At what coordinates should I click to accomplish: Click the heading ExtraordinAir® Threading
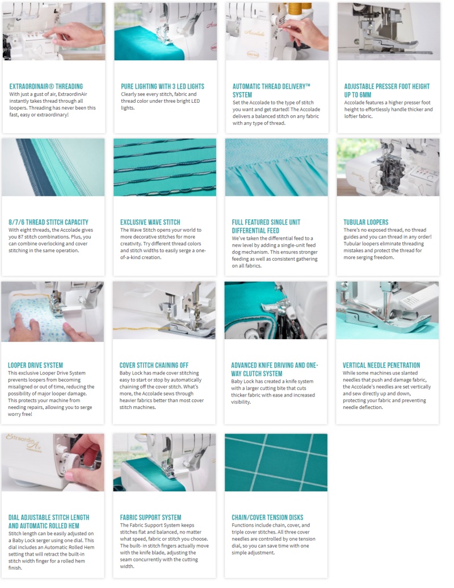pos(46,86)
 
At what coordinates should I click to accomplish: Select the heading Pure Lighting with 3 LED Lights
pos(162,86)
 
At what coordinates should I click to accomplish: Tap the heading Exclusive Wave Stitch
pos(150,222)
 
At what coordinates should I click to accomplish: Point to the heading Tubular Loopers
pos(366,222)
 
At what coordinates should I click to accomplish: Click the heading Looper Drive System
pos(35,365)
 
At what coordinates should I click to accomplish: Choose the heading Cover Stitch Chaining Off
pos(154,365)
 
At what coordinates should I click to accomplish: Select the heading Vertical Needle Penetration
pos(381,365)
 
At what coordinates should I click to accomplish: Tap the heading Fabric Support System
pos(150,517)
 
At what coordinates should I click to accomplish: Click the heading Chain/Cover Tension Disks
pos(267,517)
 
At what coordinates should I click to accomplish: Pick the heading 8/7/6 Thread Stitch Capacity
pos(48,222)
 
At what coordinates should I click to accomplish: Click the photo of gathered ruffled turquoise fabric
pos(276,167)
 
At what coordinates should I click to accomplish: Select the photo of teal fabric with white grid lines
pos(276,462)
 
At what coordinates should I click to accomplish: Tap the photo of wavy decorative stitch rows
pos(165,167)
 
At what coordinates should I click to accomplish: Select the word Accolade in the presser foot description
pos(354,102)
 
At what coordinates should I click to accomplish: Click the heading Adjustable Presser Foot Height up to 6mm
pos(387,90)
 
